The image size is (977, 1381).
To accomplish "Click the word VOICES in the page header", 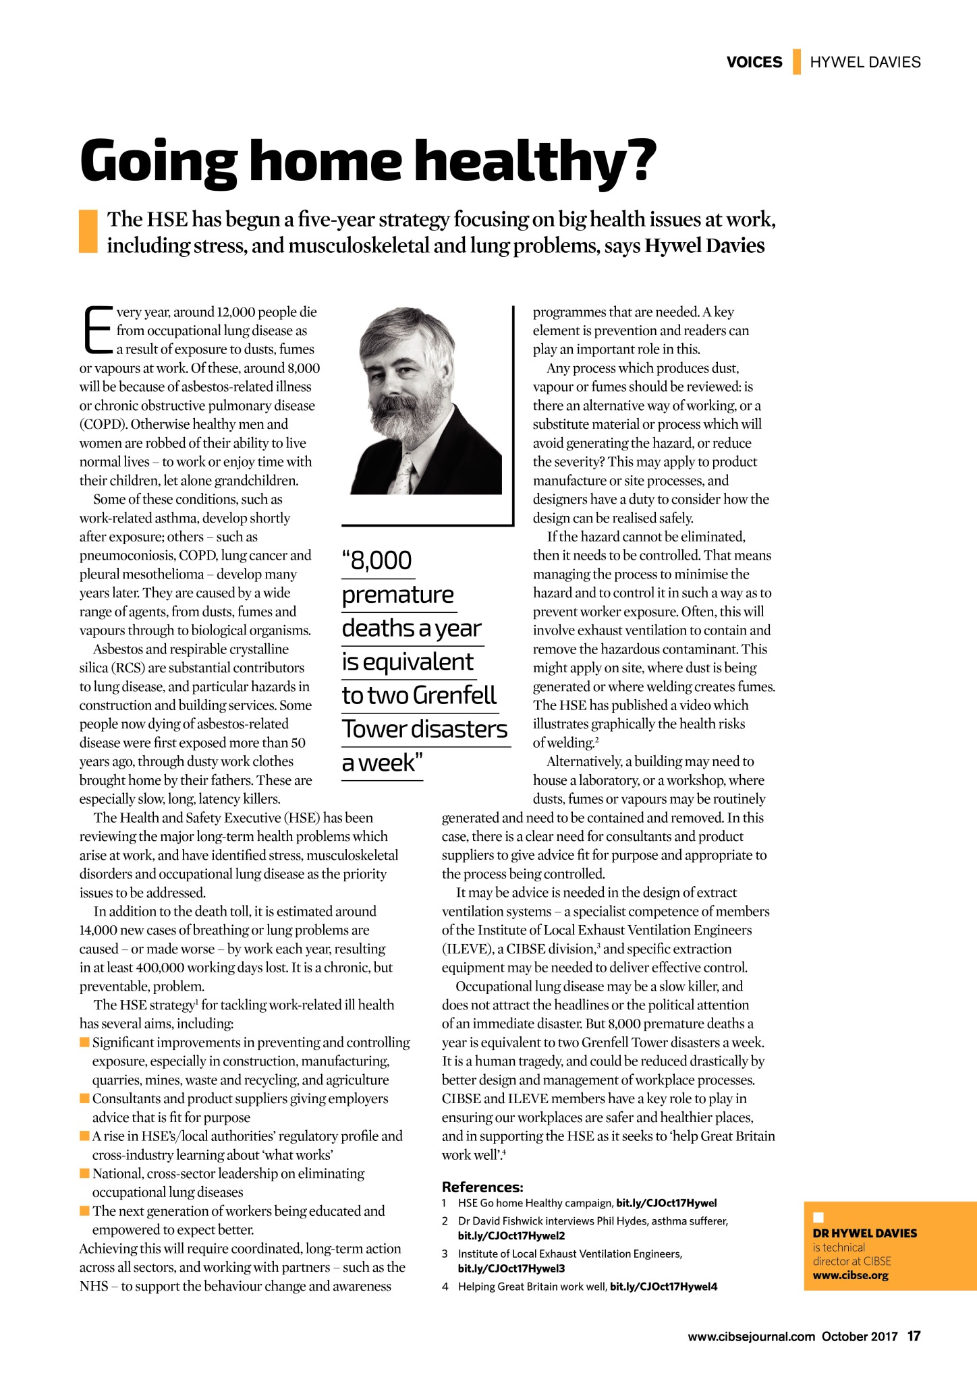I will click(x=754, y=62).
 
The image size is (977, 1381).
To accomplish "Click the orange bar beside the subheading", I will click(x=88, y=231).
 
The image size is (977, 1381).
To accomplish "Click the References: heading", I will click(x=482, y=1187).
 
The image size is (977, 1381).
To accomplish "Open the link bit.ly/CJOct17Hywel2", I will click(x=511, y=1235).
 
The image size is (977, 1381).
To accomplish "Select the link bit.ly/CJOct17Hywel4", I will click(x=663, y=1286).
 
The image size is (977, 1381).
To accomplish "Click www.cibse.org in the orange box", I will click(x=850, y=1275).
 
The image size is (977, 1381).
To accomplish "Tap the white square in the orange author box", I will click(x=818, y=1216).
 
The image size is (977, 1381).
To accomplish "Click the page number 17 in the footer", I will click(x=914, y=1336).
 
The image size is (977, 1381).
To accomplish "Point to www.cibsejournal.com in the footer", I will click(x=751, y=1336).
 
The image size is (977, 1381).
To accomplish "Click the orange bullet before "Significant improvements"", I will click(x=84, y=1042).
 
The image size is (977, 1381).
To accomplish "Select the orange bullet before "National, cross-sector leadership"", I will click(x=84, y=1173).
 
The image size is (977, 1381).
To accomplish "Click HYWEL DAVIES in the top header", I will click(x=864, y=62).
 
